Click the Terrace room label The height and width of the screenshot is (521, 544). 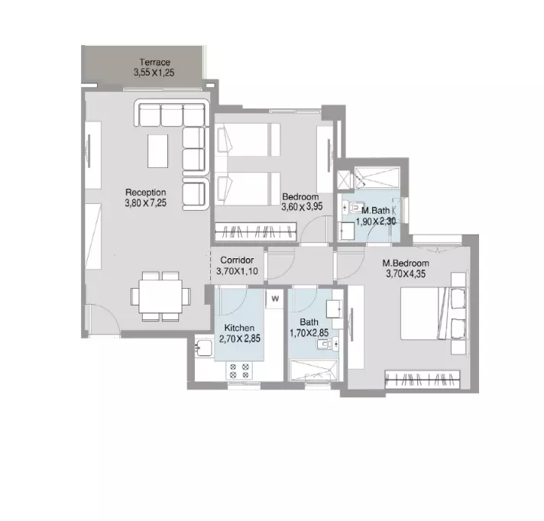point(155,63)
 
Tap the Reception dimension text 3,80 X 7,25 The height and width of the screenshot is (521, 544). point(146,203)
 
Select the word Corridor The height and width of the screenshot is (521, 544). point(237,260)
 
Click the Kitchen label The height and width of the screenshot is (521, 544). point(239,328)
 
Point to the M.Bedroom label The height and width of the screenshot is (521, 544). point(406,264)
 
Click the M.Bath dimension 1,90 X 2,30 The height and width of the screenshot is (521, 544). point(376,222)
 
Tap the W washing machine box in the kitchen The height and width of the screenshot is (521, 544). point(275,298)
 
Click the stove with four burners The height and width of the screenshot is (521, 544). point(239,371)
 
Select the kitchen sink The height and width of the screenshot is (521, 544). point(204,348)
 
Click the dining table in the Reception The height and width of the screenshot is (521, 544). point(160,296)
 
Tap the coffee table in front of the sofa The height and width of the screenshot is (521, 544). point(158,151)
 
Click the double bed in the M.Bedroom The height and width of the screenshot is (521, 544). point(433,313)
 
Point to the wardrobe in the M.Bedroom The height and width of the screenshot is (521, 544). point(423,379)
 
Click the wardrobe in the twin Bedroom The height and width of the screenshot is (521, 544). point(256,231)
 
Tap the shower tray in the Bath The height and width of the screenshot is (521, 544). point(313,370)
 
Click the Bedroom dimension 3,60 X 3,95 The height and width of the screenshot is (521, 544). point(302,207)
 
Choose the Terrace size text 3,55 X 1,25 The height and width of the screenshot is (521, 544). point(154,73)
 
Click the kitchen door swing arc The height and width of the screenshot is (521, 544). point(239,306)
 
